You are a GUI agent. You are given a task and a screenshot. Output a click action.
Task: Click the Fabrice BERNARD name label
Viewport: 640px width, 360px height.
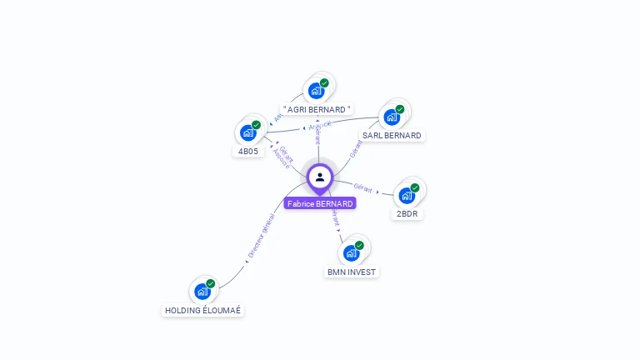(x=320, y=203)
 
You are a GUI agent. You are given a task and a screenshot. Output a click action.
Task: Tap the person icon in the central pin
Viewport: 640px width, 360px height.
(x=320, y=177)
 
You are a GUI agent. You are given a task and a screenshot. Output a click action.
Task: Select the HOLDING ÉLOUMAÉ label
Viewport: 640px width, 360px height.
(x=203, y=310)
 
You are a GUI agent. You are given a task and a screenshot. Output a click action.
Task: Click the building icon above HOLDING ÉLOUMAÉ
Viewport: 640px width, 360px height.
(x=202, y=292)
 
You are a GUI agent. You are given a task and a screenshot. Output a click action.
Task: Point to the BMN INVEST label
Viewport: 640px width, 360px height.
(x=352, y=272)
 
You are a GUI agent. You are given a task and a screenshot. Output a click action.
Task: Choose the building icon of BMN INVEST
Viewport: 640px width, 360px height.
(x=351, y=253)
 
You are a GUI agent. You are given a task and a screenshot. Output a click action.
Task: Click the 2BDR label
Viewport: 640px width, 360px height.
(x=407, y=213)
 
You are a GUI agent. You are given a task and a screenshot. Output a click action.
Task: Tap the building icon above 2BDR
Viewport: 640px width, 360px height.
(x=406, y=196)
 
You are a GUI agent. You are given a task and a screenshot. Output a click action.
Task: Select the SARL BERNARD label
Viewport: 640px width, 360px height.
(x=392, y=135)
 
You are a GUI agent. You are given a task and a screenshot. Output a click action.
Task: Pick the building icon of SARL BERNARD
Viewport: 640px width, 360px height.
(x=391, y=117)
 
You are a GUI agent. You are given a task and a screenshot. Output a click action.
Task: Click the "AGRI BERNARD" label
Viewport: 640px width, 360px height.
(x=317, y=109)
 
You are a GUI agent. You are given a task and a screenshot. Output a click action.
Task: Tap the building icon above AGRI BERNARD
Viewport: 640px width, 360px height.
(x=316, y=91)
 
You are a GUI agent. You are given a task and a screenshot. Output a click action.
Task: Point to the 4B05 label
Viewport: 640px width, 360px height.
(x=248, y=152)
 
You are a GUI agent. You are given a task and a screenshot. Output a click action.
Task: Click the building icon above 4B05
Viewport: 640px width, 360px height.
(x=247, y=132)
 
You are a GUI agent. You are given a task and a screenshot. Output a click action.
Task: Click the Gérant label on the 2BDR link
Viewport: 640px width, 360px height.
(x=363, y=187)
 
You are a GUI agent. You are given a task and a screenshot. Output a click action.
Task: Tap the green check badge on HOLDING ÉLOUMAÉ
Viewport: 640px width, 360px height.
(x=211, y=283)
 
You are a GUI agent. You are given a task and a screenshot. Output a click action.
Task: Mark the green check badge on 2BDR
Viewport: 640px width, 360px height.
(x=415, y=187)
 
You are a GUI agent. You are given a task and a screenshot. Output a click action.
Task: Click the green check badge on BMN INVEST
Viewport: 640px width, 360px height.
(x=360, y=245)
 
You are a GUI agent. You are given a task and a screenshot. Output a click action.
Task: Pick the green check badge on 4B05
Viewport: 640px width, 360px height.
(x=257, y=124)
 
